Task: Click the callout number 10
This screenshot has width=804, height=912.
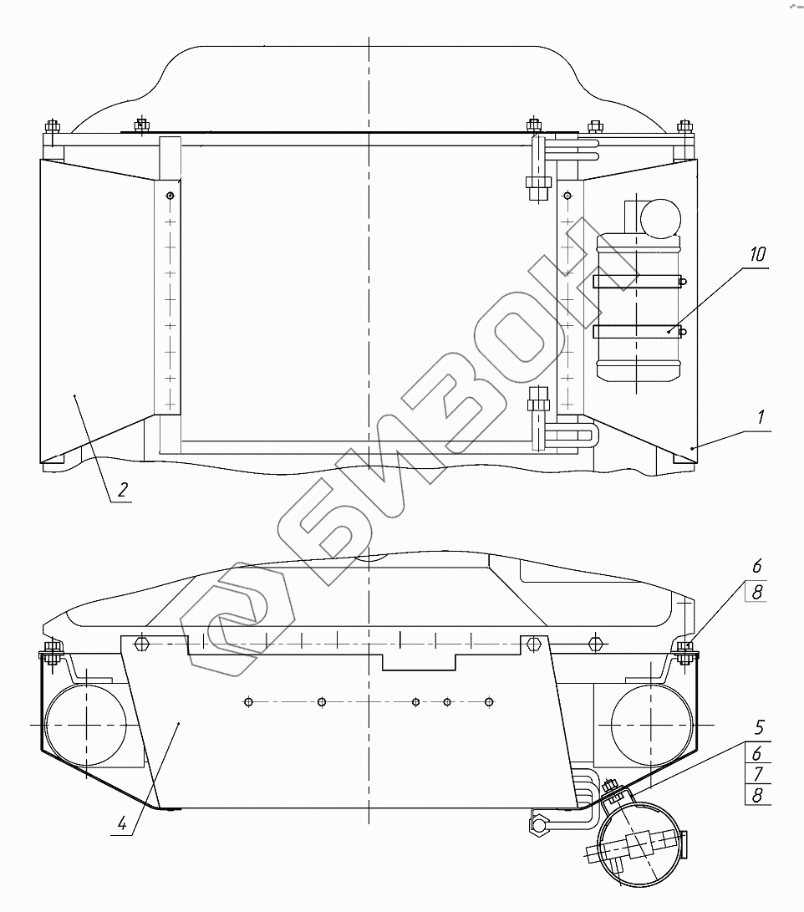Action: [x=756, y=255]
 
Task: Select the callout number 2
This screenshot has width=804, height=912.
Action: [x=122, y=490]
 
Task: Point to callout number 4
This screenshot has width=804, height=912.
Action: [x=124, y=823]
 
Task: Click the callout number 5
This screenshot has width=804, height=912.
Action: [x=758, y=727]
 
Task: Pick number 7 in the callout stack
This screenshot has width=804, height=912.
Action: [x=758, y=774]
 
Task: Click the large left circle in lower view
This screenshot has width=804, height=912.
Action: [x=86, y=723]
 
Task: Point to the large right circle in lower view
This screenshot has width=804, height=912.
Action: [x=651, y=723]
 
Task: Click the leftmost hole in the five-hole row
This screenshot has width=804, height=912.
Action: [x=248, y=701]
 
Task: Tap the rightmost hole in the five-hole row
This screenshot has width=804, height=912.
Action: [x=490, y=701]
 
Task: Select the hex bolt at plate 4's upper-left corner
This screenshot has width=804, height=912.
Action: [x=140, y=644]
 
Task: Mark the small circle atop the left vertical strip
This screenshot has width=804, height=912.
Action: [x=170, y=196]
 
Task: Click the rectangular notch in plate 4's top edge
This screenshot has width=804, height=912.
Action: [x=419, y=661]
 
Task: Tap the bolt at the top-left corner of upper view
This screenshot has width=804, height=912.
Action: [x=52, y=128]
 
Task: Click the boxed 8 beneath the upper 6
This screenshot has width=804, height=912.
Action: [x=758, y=592]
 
